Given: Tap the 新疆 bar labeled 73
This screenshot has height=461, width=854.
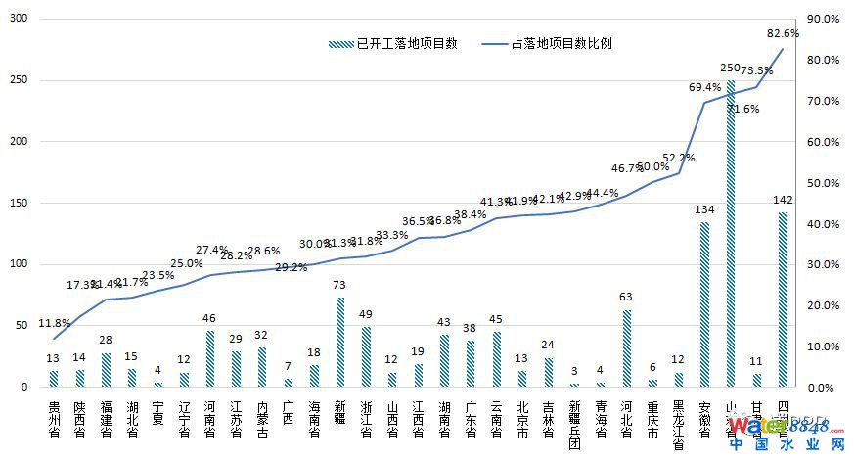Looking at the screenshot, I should coord(339,342).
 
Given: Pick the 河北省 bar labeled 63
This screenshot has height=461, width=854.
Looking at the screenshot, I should coord(627,347).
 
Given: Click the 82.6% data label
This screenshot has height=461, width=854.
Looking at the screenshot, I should coord(783,33).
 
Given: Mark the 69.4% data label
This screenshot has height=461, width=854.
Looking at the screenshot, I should coord(704,87).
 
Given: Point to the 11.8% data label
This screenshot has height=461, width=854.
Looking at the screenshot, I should coord(53,323).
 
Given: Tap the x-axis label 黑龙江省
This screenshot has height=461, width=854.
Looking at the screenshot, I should coord(679,425).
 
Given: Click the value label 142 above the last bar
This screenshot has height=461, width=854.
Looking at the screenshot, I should coord(783,200).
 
